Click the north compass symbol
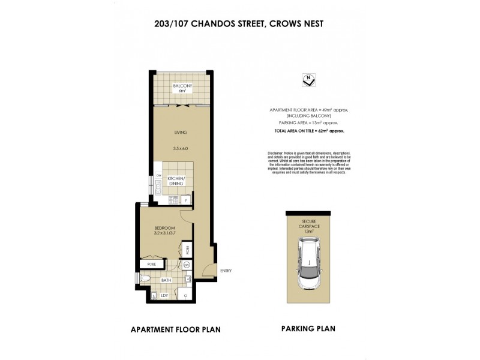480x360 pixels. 308,80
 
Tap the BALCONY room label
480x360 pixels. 182,87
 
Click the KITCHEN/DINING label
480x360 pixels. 176,181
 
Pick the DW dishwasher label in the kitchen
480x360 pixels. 159,175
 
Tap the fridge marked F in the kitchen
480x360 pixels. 187,200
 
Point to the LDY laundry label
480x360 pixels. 163,295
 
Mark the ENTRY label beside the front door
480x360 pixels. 226,271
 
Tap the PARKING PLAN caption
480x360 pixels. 308,329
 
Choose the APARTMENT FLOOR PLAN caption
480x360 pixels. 175,329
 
